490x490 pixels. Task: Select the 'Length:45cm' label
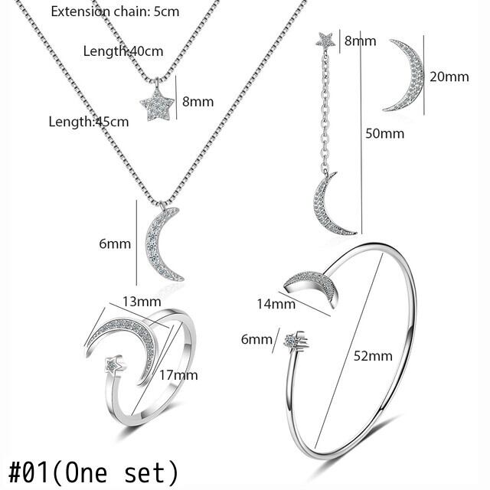pyautogui.click(x=89, y=122)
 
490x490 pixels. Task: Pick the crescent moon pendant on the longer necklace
pyautogui.click(x=163, y=244)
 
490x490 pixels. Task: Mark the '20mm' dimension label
pyautogui.click(x=449, y=76)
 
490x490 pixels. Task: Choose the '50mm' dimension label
pyautogui.click(x=384, y=132)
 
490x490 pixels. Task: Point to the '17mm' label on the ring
pyautogui.click(x=180, y=374)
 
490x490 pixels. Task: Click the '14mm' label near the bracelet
pyautogui.click(x=276, y=304)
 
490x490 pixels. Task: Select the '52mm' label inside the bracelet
pyautogui.click(x=373, y=355)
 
